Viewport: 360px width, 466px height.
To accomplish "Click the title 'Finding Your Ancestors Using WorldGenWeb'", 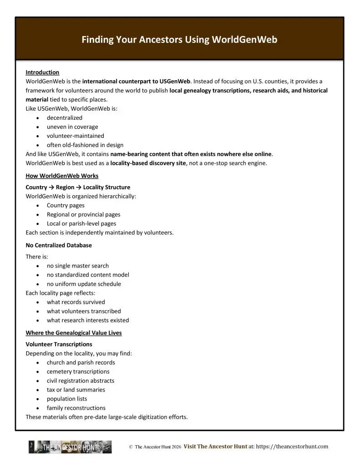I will click(x=179, y=40).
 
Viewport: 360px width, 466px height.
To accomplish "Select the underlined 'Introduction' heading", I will click(x=42, y=72).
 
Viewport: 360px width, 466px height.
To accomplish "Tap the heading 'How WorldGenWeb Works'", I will click(x=62, y=176).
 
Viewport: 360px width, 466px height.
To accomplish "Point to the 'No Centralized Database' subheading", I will click(x=59, y=245).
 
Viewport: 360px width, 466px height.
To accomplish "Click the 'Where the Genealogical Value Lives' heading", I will click(x=74, y=333).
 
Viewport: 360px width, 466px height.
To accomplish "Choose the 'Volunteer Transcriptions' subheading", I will click(x=59, y=344).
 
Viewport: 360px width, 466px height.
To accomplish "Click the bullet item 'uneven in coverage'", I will click(x=72, y=127).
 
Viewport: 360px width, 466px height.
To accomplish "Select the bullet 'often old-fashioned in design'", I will click(x=85, y=145).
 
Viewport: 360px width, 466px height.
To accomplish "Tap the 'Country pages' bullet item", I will click(x=66, y=205).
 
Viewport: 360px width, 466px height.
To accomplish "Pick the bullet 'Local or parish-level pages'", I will click(x=81, y=223).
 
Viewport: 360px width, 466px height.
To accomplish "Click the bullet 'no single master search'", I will click(x=77, y=266).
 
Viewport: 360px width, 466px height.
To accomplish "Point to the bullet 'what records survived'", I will click(x=76, y=302).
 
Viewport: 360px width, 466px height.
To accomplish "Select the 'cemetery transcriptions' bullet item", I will click(x=78, y=371).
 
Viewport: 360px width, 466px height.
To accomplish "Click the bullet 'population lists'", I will click(x=67, y=399).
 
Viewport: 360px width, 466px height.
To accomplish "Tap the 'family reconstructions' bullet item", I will click(x=76, y=408).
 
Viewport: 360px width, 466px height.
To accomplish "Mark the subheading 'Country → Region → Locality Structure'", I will click(x=78, y=187).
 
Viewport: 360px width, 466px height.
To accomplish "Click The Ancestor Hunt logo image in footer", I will click(x=70, y=447).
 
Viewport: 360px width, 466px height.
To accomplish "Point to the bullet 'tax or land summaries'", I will click(x=76, y=390).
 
